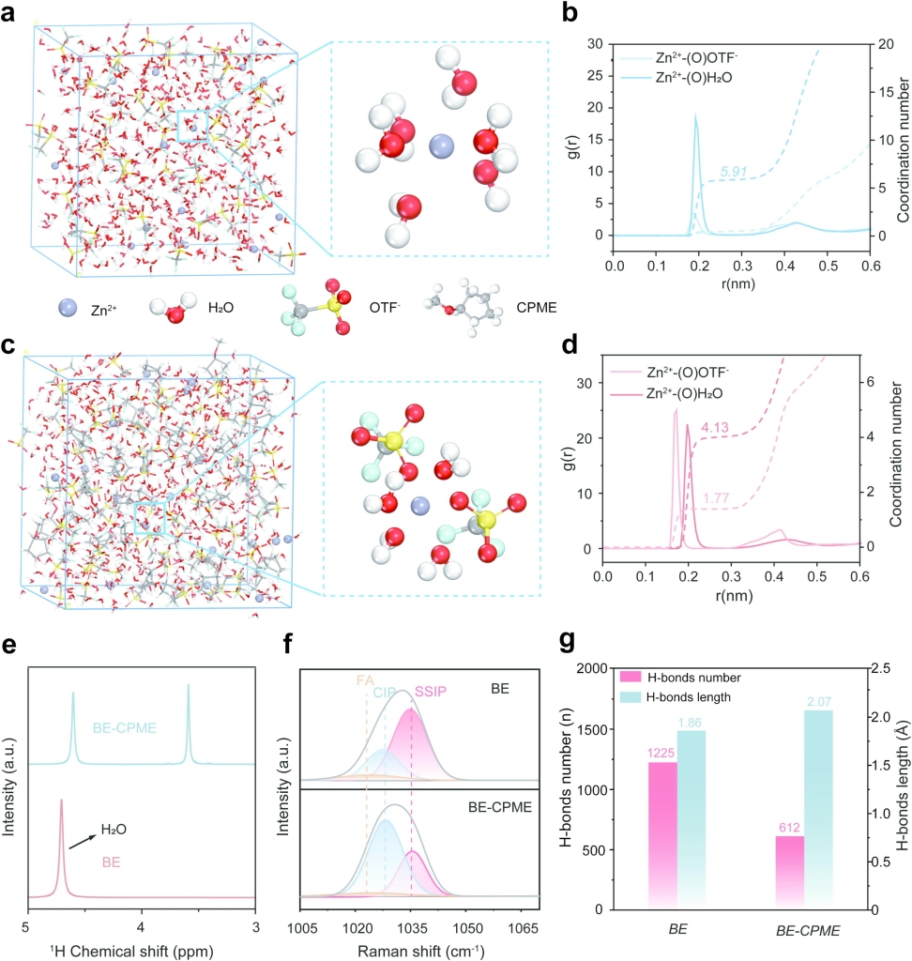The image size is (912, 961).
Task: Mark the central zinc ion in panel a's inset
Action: [x=440, y=145]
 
